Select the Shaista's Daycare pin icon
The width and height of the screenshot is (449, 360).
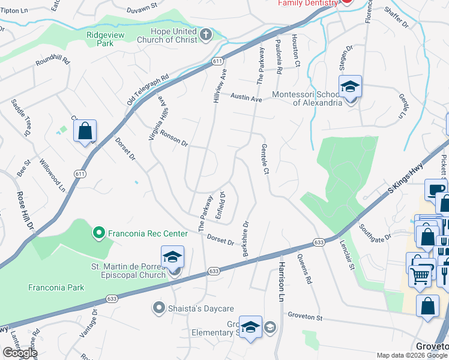159,308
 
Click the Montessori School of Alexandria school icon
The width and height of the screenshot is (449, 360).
350,87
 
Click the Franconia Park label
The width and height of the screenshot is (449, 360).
56,287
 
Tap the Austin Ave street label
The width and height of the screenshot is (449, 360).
247,97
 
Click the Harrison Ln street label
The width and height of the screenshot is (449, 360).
280,281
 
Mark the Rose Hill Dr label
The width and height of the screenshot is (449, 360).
25,211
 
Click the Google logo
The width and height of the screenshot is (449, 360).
20,353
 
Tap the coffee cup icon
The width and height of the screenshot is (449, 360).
435,190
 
